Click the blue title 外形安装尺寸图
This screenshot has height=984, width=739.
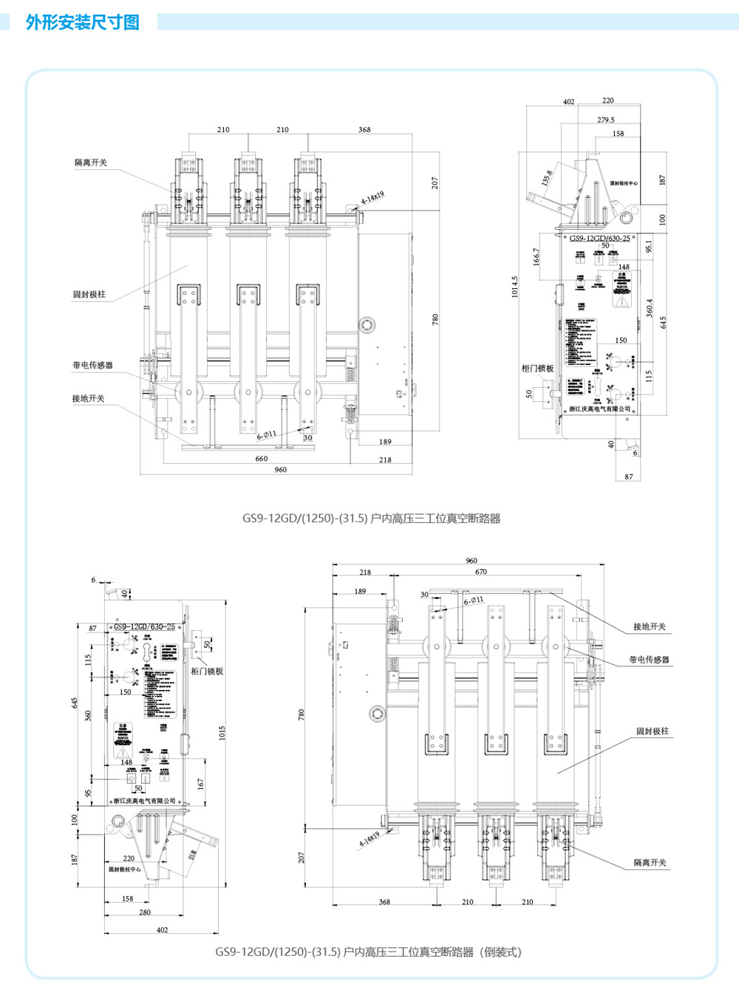tap(82, 22)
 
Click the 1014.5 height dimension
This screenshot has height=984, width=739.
tap(515, 287)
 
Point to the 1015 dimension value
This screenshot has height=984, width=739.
tap(222, 733)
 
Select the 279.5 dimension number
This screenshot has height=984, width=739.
tap(606, 120)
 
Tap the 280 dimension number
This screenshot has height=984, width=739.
tap(145, 912)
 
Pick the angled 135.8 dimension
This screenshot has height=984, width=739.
tap(547, 178)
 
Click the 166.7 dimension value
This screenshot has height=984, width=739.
tap(537, 256)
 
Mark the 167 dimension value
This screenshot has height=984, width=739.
tap(200, 783)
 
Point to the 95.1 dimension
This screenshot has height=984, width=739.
tap(649, 246)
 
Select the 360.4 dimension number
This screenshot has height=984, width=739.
tap(649, 308)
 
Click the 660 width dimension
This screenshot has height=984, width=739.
tap(262, 459)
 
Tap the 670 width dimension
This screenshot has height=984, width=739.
tap(481, 572)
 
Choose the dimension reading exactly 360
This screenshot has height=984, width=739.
tap(88, 715)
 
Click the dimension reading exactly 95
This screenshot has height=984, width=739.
tap(88, 793)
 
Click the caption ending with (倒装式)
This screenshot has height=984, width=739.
tap(368, 951)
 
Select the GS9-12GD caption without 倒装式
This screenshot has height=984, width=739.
tap(371, 518)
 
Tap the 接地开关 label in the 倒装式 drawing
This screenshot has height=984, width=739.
tap(649, 626)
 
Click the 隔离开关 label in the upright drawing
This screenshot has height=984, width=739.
tap(91, 163)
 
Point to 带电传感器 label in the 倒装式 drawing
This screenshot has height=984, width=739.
tap(649, 660)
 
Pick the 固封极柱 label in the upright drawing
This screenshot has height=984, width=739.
tap(89, 294)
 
